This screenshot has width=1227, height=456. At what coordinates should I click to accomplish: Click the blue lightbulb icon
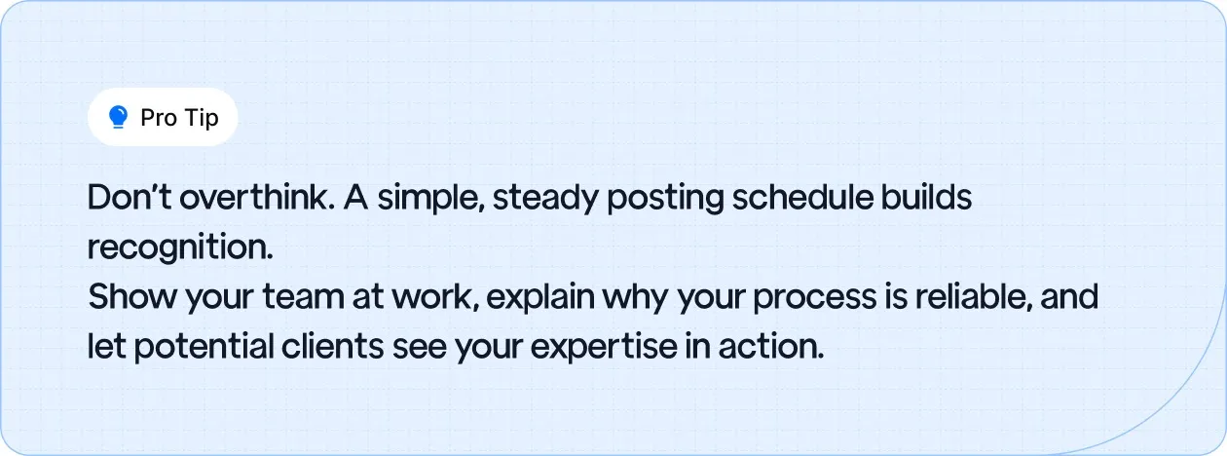(119, 118)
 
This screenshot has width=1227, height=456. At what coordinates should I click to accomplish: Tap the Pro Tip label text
(179, 118)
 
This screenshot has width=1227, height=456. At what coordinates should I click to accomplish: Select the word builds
(928, 198)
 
